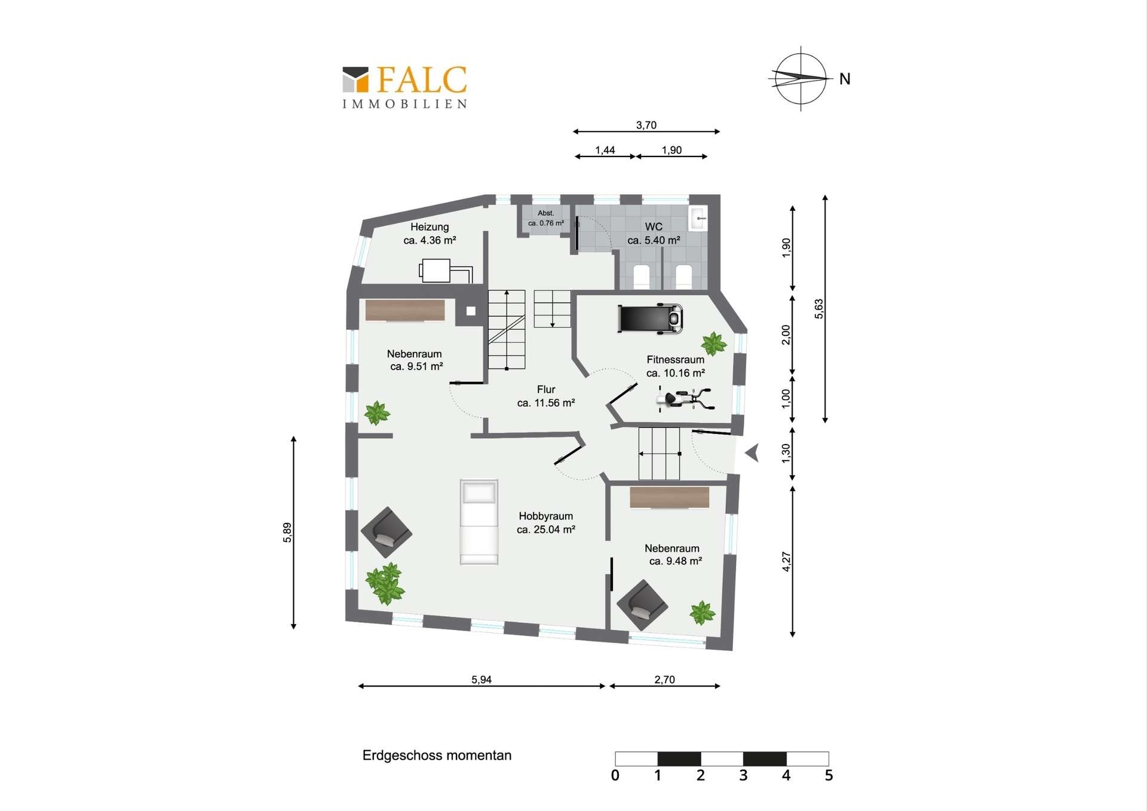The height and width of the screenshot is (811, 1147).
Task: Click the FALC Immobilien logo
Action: tap(404, 87)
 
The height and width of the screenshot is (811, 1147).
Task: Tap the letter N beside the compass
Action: tap(845, 79)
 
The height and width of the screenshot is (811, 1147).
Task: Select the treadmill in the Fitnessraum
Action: tap(650, 318)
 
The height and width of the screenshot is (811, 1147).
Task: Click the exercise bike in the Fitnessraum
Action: tap(686, 399)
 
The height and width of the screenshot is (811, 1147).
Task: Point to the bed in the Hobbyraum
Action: tap(479, 522)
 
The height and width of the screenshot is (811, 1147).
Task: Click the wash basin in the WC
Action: tap(698, 218)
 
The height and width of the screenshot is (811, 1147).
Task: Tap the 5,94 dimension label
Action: tap(482, 680)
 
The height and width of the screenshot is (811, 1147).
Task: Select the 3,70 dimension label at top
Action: tap(646, 126)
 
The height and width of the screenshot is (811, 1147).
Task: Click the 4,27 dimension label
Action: tap(786, 561)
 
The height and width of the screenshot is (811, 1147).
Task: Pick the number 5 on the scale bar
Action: tap(829, 775)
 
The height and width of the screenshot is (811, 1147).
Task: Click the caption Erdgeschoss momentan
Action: tap(437, 755)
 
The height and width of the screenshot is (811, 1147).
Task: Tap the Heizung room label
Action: tap(430, 227)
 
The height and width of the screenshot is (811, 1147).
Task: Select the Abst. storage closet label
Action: tap(546, 213)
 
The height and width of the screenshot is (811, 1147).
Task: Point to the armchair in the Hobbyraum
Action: tap(387, 532)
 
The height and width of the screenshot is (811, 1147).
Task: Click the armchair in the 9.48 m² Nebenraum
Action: tap(642, 605)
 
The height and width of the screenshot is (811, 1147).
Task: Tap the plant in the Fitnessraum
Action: tap(713, 344)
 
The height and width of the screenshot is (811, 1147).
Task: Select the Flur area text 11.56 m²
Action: tap(546, 403)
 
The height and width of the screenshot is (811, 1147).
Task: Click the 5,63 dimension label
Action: tap(818, 309)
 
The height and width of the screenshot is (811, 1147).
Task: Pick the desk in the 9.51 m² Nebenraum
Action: tap(405, 311)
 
